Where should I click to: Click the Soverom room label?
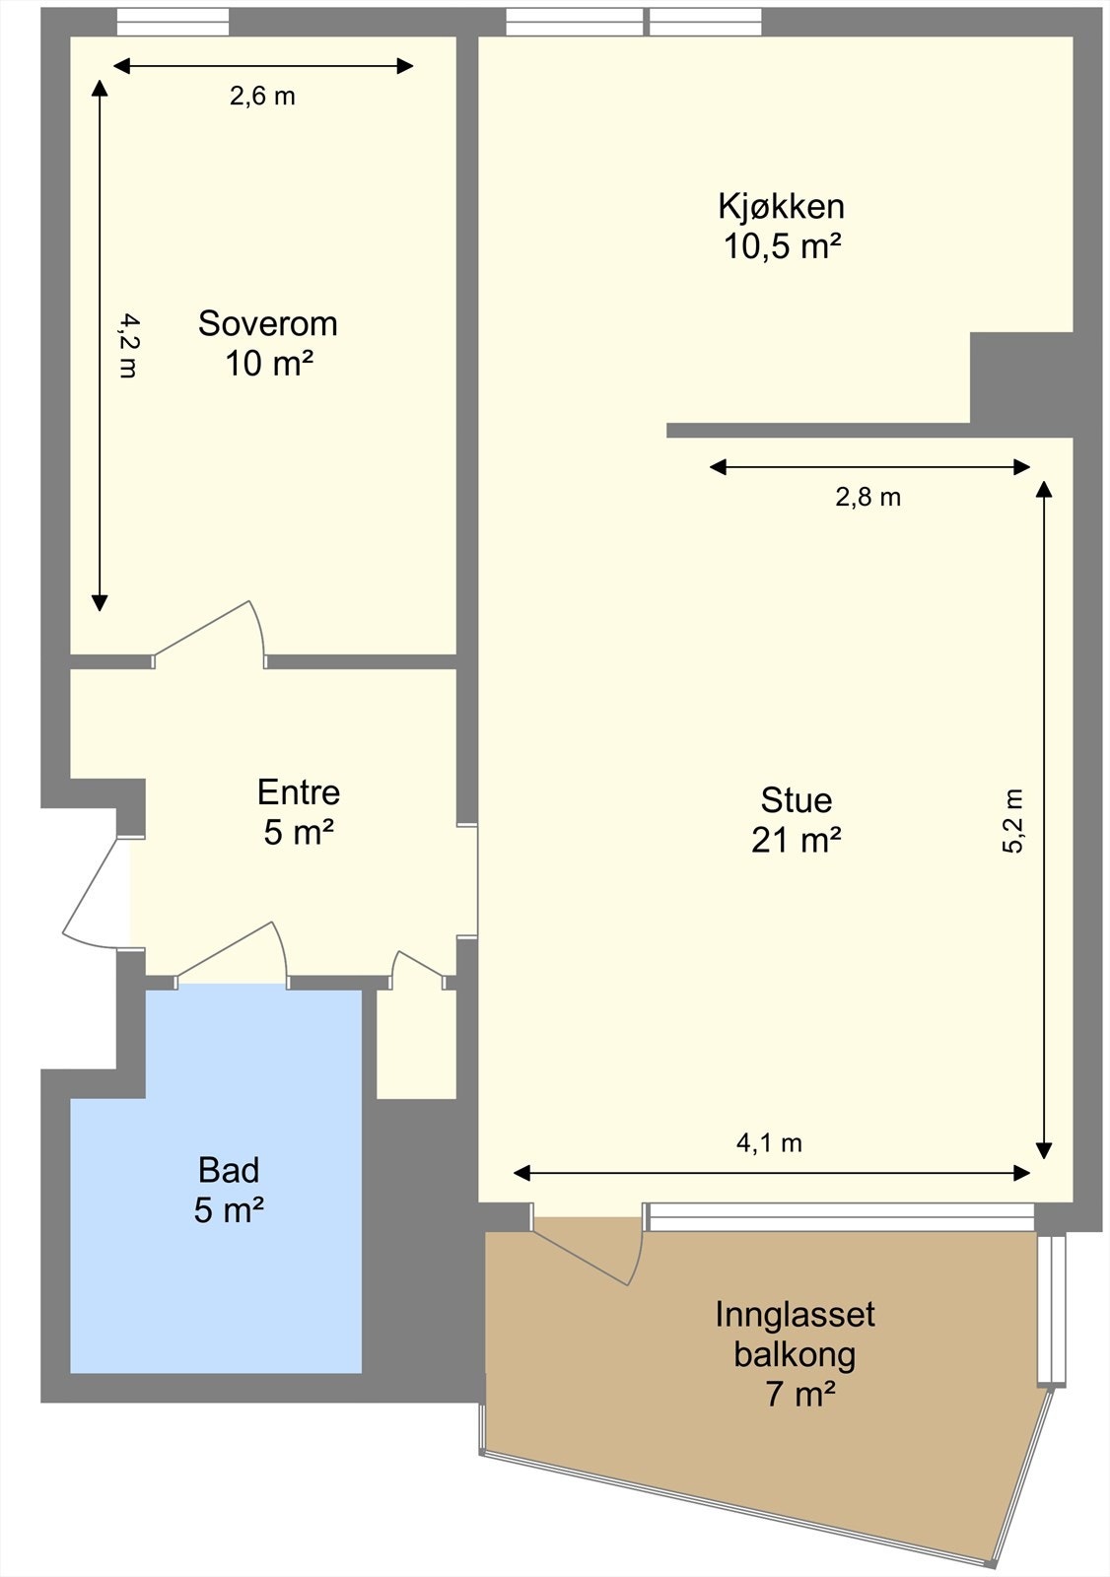pos(267,324)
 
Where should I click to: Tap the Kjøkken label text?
pos(781,206)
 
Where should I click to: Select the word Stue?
pos(796,800)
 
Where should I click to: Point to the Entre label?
pos(299,792)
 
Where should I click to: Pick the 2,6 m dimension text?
pos(262,97)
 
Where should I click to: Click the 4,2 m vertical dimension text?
pos(128,346)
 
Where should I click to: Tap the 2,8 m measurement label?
pos(867,498)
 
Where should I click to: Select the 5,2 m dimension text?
pos(1012,821)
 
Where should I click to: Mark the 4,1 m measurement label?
pos(769,1143)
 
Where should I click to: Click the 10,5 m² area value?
pos(783,246)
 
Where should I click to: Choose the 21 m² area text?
pos(796,840)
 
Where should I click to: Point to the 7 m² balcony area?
pos(800,1394)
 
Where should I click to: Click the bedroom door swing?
pos(211,632)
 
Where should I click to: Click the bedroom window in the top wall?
pos(173,22)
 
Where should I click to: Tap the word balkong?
pos(795,1355)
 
